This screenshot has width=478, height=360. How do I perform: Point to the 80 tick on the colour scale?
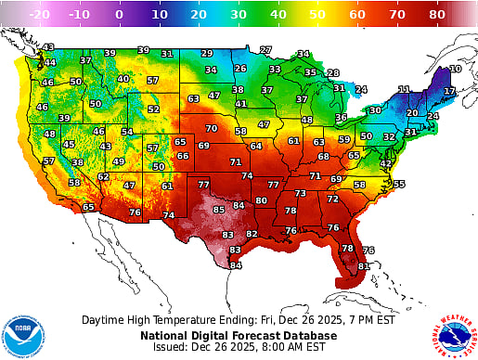click(x=436, y=15)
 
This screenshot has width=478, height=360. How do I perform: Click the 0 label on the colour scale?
click(x=118, y=15)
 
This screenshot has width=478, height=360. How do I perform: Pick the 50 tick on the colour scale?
click(x=317, y=15)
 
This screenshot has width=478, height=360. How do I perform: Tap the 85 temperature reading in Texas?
click(x=219, y=210)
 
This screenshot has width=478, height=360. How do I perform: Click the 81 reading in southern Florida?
click(x=364, y=266)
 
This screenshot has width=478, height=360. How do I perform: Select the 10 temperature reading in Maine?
click(x=455, y=69)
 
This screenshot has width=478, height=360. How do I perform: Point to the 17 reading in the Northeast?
click(x=448, y=91)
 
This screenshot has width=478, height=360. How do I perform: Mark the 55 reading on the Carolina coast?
click(x=399, y=184)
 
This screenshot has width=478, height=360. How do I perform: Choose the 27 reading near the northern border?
click(x=265, y=49)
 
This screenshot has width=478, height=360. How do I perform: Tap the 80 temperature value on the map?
click(x=262, y=199)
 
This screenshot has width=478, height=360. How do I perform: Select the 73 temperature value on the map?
click(x=301, y=193)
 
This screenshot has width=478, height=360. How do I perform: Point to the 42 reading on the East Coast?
click(x=386, y=163)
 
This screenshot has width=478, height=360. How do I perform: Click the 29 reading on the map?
click(x=206, y=53)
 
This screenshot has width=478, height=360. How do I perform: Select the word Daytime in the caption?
click(x=104, y=318)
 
